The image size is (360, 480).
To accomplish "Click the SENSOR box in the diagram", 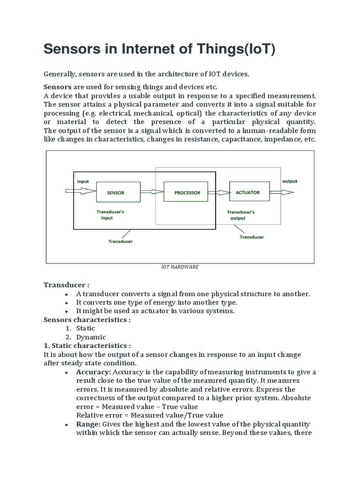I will [x=116, y=193].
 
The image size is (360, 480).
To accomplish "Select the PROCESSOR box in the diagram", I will [x=187, y=193].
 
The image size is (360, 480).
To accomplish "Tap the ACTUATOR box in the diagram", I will [x=247, y=192].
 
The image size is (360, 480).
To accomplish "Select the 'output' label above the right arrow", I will [x=289, y=181].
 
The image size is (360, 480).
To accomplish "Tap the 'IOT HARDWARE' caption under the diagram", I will [x=180, y=266].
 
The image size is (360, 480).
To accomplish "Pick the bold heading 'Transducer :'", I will [x=67, y=285].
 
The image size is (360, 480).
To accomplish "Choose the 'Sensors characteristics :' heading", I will [x=87, y=320].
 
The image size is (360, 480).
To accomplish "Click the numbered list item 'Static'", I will [x=86, y=328].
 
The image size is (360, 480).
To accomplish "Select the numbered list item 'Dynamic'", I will [x=91, y=337].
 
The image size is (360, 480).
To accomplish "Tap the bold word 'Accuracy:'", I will [x=93, y=372].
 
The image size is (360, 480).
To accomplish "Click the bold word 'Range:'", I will [x=88, y=424].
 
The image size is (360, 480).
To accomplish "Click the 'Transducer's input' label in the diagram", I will [x=110, y=215].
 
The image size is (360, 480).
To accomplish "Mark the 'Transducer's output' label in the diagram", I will [x=240, y=215].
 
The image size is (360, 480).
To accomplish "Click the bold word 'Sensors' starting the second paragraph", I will [x=58, y=87].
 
